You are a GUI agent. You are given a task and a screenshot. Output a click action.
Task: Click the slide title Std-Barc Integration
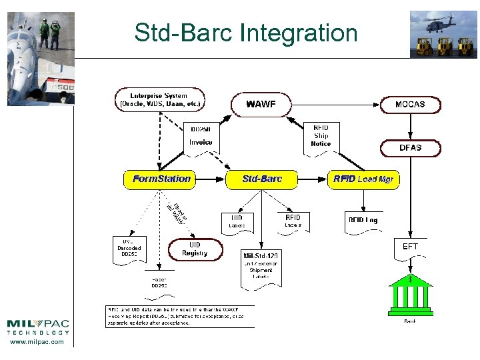click(x=245, y=32)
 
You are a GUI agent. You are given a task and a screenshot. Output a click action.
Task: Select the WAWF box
click(x=261, y=104)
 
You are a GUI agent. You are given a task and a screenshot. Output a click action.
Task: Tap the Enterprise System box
click(x=159, y=100)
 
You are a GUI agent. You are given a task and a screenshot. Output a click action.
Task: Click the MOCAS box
click(x=410, y=104)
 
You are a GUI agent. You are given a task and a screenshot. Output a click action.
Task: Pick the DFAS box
click(x=410, y=147)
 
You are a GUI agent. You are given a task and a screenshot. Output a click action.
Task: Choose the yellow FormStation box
click(x=161, y=179)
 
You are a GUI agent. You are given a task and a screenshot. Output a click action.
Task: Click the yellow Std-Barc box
click(x=261, y=179)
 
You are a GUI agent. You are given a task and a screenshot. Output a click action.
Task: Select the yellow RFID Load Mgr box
click(x=363, y=179)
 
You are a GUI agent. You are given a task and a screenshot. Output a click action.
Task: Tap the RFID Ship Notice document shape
click(x=321, y=136)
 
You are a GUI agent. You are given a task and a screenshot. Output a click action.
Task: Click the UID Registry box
click(x=195, y=249)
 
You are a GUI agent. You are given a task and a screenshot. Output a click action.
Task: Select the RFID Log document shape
click(x=363, y=221)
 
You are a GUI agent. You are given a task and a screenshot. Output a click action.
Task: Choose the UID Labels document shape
click(x=237, y=222)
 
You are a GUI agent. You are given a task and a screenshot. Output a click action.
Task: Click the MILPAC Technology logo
click(x=38, y=326)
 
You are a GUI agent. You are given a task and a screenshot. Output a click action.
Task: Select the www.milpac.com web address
click(x=38, y=342)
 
